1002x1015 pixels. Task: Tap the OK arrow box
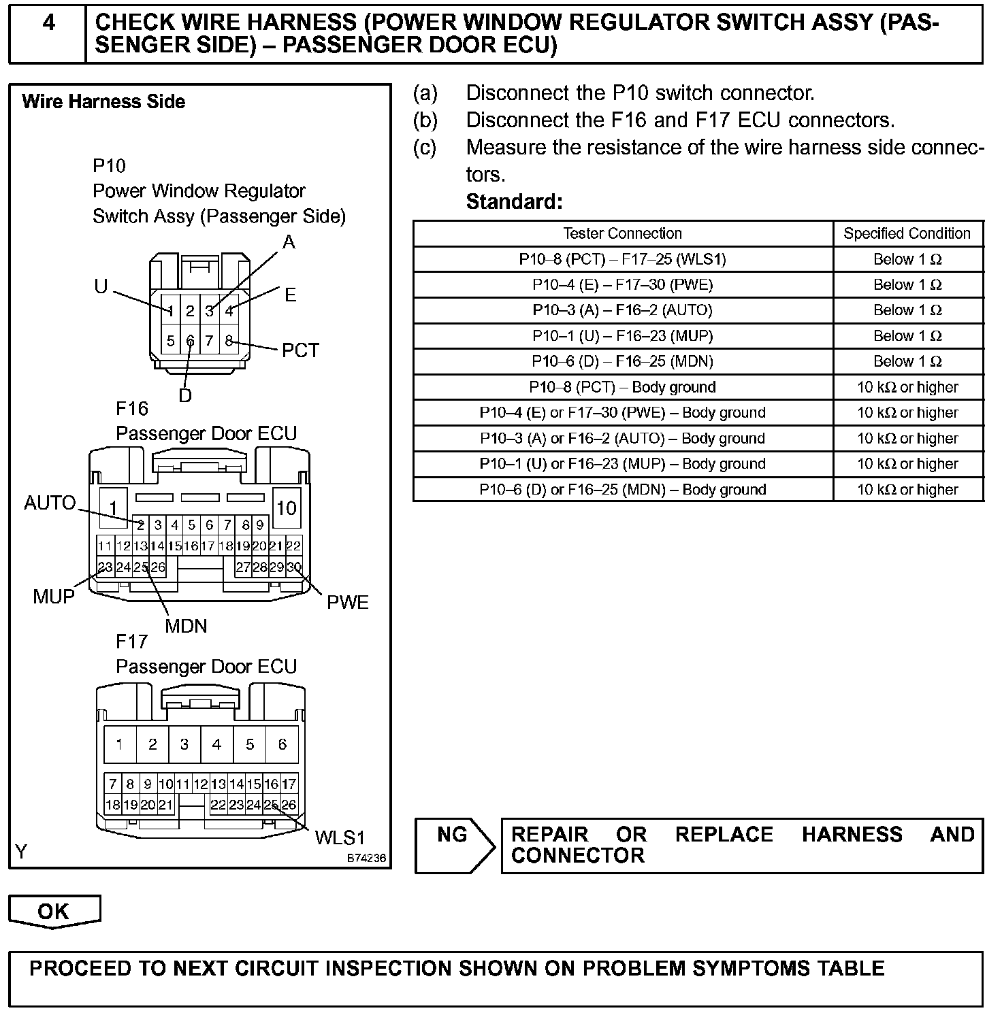54,912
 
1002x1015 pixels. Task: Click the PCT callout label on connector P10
300,350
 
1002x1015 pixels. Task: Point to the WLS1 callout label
340,837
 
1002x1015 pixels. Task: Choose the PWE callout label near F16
347,603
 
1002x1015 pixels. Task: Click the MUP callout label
53,597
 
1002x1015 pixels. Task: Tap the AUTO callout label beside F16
50,503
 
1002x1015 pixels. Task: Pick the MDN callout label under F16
186,626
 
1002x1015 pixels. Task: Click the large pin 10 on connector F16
286,508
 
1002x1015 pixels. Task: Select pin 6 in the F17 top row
282,744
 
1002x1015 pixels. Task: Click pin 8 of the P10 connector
229,341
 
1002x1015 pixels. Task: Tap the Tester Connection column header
622,233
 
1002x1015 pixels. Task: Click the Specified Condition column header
907,233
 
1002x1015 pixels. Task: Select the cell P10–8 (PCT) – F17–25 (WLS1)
622,259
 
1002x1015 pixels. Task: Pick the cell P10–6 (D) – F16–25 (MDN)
622,361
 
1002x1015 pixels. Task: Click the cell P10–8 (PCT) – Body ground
622,387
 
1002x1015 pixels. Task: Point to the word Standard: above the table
514,201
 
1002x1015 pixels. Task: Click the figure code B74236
366,859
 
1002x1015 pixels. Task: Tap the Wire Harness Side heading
103,102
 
